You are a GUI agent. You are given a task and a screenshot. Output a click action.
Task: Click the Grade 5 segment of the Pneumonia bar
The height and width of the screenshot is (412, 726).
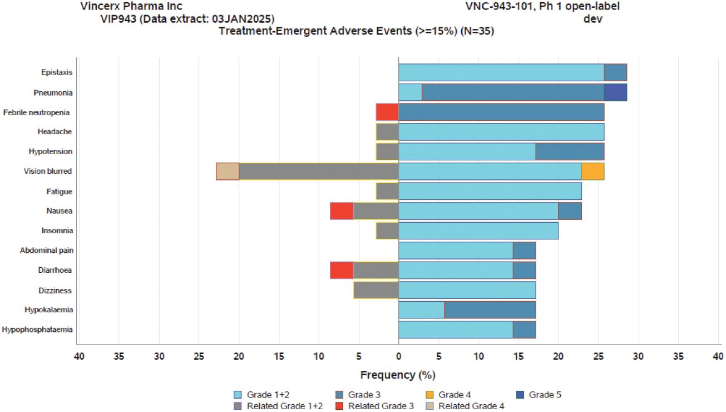point(615,92)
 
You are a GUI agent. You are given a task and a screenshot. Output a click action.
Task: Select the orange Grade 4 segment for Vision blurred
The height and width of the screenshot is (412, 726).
point(592,171)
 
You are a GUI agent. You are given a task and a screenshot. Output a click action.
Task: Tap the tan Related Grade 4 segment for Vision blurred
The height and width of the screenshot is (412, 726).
point(228,171)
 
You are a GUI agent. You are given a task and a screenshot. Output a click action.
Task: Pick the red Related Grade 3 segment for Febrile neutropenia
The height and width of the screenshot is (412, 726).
point(387,112)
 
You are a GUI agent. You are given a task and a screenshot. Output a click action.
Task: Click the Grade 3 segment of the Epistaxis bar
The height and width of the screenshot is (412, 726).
point(615,72)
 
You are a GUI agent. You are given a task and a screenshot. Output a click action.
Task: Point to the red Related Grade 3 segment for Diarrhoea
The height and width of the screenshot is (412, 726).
point(342,270)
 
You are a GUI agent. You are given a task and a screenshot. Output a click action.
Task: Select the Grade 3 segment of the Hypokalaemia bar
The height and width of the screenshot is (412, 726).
point(490,310)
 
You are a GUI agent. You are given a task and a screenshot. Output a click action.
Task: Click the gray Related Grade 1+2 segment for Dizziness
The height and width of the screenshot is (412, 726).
point(376,290)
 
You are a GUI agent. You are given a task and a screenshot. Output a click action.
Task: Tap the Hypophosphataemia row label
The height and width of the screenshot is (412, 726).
point(37,330)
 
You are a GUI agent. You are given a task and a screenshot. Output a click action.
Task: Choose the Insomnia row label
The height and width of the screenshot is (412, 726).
point(57,230)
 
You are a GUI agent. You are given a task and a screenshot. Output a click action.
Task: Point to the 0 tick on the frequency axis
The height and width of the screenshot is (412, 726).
point(398,356)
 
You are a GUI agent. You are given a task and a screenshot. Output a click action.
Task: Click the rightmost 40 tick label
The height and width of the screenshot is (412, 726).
point(718,356)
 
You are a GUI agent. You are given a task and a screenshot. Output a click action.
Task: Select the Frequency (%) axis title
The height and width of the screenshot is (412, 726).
point(398,375)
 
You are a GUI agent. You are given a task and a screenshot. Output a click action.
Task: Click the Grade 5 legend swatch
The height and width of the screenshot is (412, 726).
point(521,395)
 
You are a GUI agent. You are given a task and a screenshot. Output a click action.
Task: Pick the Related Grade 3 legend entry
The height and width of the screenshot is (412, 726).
point(376,406)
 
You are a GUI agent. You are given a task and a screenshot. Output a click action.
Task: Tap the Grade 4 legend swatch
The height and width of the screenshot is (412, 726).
point(431,395)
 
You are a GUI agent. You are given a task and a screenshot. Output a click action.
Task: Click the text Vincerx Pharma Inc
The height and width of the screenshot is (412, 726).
point(124,7)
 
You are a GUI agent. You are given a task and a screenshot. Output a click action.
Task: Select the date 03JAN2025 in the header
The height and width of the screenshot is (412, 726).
point(241,18)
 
